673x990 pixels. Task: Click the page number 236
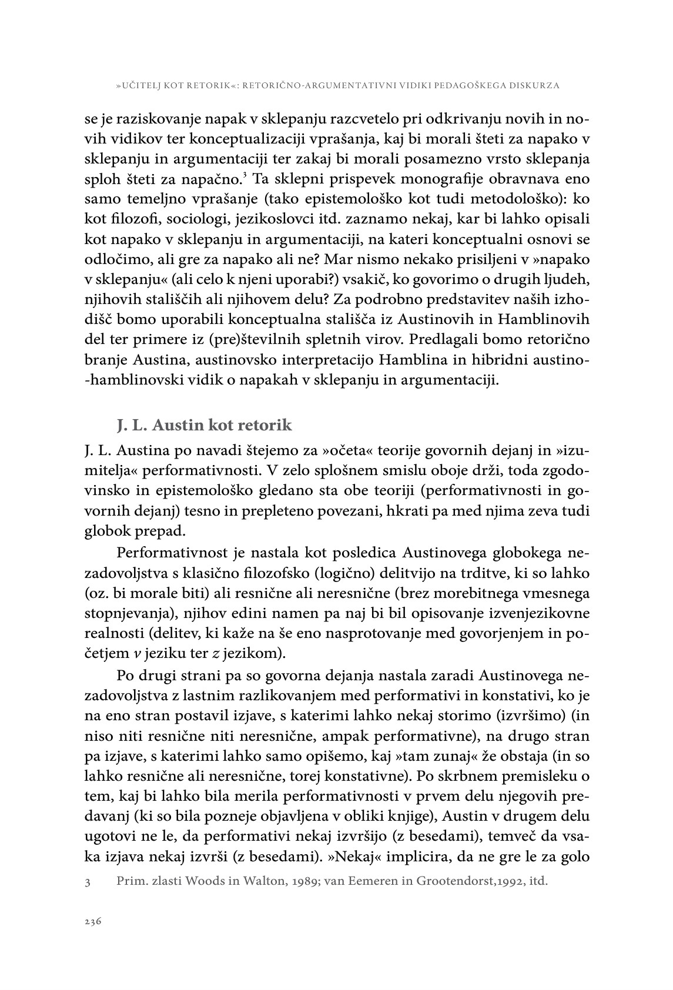click(93, 921)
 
